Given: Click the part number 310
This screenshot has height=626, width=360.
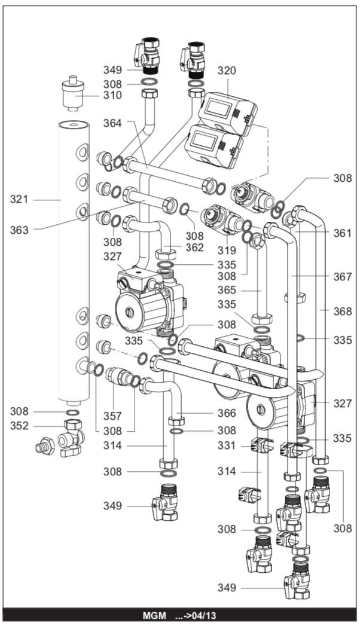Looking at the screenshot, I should coord(112,95).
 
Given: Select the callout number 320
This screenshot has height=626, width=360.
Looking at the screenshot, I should coord(226,71).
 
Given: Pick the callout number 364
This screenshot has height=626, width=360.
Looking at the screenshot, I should coord(112,123).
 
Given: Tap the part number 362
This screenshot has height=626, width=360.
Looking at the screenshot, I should coord(194,247).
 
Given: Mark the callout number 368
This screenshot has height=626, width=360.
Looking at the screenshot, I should coord(343,311).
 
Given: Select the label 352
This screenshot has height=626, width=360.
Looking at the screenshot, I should coord(20,426).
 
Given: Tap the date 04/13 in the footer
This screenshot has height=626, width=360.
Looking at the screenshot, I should coord(204,615).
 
